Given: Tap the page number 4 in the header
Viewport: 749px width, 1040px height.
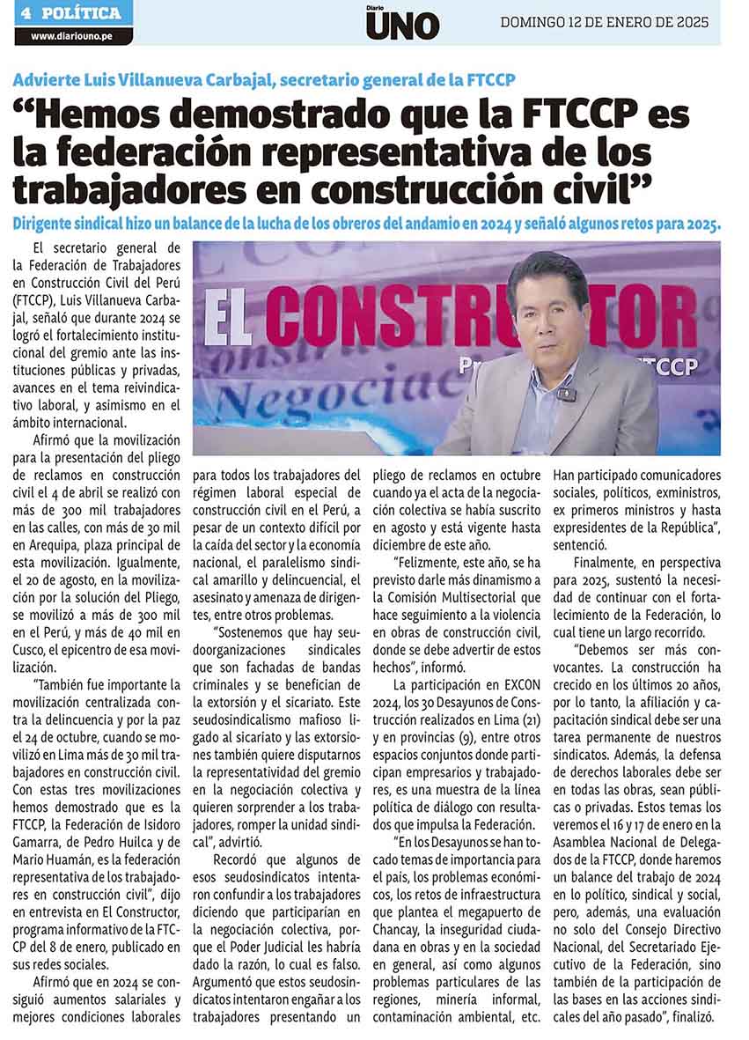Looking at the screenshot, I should [26, 13].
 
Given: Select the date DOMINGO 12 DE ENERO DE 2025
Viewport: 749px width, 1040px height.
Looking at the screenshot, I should [604, 23].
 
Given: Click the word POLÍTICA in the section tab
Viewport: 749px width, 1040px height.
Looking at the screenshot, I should [81, 13].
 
